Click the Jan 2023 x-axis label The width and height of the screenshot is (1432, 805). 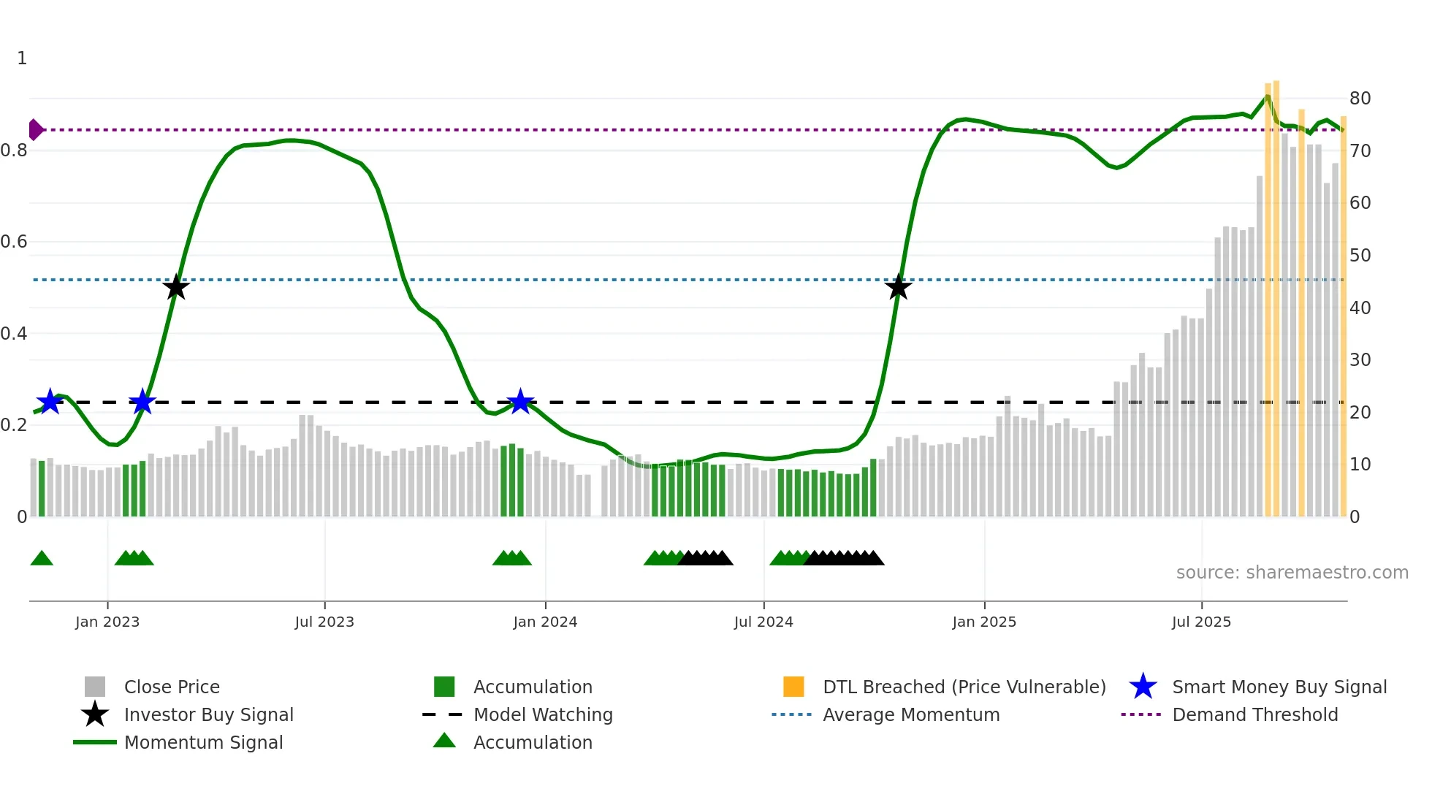coord(107,622)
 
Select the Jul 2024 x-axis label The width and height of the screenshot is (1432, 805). coord(763,622)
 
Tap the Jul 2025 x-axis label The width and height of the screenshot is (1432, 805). coord(1201,622)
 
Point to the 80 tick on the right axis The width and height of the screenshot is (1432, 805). coord(1360,99)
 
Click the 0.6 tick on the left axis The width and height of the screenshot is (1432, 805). coord(14,242)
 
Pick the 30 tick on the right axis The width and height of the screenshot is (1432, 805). coord(1360,360)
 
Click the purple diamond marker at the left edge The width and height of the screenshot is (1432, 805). coord(35,130)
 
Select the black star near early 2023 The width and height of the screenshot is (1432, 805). coord(175,287)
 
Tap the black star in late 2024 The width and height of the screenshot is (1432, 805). coord(898,287)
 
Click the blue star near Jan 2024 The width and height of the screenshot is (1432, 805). coord(520,401)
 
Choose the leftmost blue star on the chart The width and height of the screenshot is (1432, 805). coord(50,401)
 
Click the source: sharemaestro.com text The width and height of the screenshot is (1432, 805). coord(1292,573)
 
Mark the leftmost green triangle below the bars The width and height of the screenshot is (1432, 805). coord(42,559)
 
